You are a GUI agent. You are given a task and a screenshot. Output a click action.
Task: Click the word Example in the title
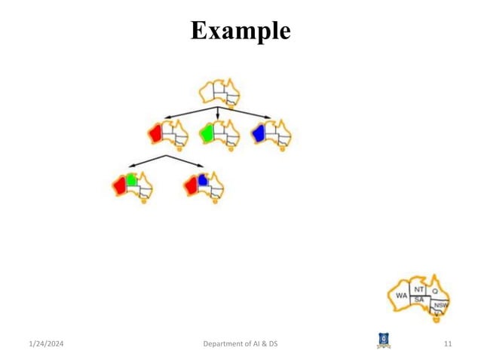click(x=240, y=30)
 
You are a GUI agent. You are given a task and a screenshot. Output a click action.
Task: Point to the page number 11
click(x=448, y=344)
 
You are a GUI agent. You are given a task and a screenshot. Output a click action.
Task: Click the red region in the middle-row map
click(x=156, y=133)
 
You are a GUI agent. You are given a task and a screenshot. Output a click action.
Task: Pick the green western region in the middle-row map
click(x=206, y=133)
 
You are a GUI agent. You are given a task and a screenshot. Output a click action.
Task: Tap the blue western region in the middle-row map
click(x=259, y=133)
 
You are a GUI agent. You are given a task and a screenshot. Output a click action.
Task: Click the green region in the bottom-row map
click(x=131, y=179)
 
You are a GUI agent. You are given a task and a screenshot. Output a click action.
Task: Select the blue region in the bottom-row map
click(x=202, y=179)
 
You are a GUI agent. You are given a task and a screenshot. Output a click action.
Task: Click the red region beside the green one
click(x=119, y=185)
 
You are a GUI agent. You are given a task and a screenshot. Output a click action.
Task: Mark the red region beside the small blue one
click(x=191, y=185)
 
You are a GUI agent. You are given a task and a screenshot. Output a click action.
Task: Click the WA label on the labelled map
click(x=402, y=297)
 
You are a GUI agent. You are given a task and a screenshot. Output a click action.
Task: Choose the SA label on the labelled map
click(x=420, y=299)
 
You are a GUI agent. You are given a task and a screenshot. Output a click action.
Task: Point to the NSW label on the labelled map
click(x=440, y=305)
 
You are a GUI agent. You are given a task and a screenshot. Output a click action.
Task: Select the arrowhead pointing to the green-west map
click(x=218, y=116)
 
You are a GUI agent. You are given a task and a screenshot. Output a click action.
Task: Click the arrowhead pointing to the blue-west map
click(x=269, y=117)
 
